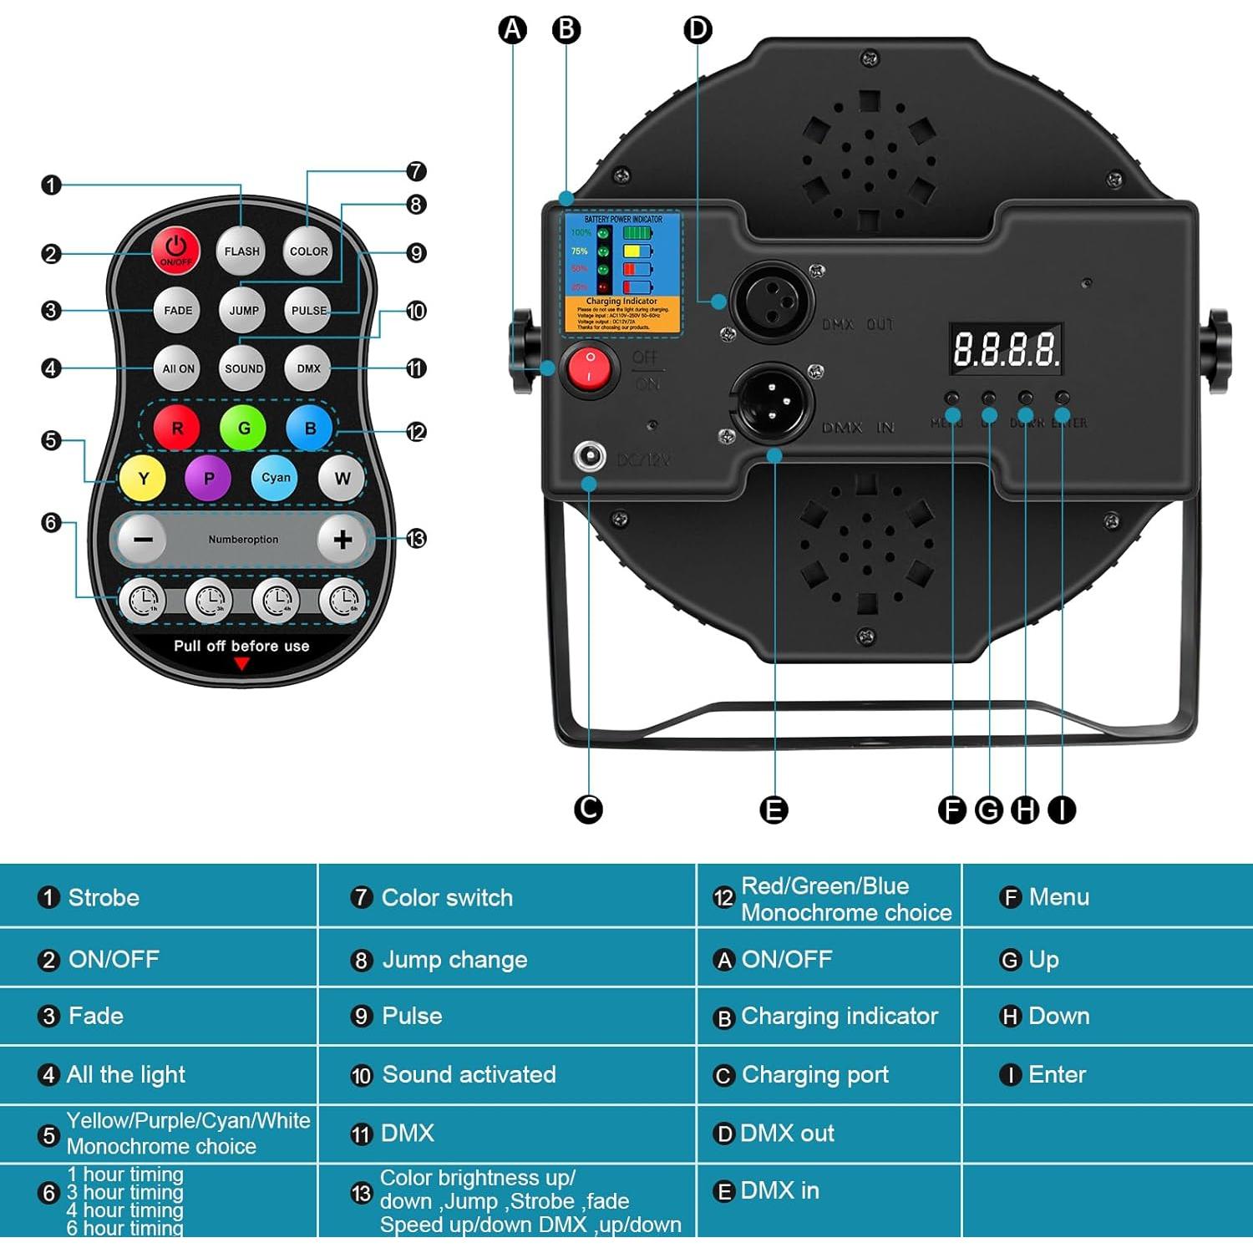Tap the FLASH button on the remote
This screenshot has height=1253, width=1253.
coord(241,251)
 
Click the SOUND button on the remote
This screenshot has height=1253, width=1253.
coord(243,368)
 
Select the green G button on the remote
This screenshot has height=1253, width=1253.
coord(243,428)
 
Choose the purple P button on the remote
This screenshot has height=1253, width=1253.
coord(208,478)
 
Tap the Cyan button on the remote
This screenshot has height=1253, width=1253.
coord(275,478)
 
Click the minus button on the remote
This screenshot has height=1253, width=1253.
coord(143,540)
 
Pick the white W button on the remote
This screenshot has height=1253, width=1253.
coord(342,479)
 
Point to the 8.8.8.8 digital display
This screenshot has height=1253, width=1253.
coord(1006,349)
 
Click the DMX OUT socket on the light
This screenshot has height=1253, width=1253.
coord(771,301)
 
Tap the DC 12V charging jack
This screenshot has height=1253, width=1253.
coord(590,456)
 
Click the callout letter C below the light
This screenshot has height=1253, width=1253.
coord(589,809)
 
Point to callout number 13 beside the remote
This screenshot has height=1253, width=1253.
coord(416,539)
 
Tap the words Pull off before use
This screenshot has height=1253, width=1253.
coord(241,646)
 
